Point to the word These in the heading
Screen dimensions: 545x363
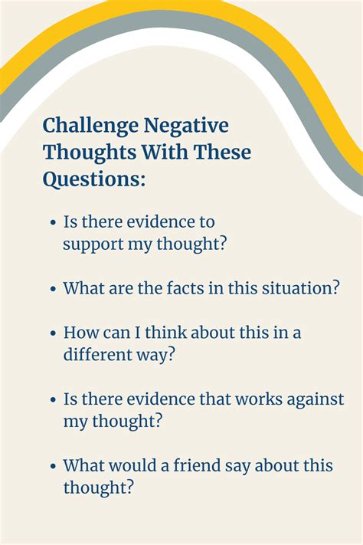(222, 152)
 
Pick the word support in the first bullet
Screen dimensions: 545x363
(93, 245)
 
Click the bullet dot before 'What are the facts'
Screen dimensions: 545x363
(53, 290)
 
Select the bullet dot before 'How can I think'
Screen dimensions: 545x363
(53, 334)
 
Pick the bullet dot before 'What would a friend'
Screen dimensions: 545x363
(53, 466)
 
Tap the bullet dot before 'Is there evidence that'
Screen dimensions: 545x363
(53, 400)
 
